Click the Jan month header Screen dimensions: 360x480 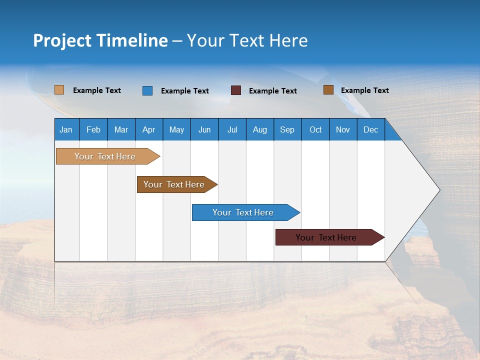(66, 129)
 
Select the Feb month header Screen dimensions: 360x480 (93, 129)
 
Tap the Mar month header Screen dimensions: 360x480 (121, 129)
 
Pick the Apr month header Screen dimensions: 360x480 (149, 129)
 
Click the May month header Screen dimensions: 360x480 (176, 129)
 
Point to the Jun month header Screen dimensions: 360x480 (204, 129)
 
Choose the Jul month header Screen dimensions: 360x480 (232, 129)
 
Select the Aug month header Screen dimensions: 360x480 (260, 129)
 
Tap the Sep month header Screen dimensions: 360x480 (287, 129)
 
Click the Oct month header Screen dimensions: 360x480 (315, 129)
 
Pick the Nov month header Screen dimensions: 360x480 (343, 129)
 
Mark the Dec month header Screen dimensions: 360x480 (371, 129)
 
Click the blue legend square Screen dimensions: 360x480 (147, 90)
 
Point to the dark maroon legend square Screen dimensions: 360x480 (236, 90)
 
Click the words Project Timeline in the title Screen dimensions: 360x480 (100, 40)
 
